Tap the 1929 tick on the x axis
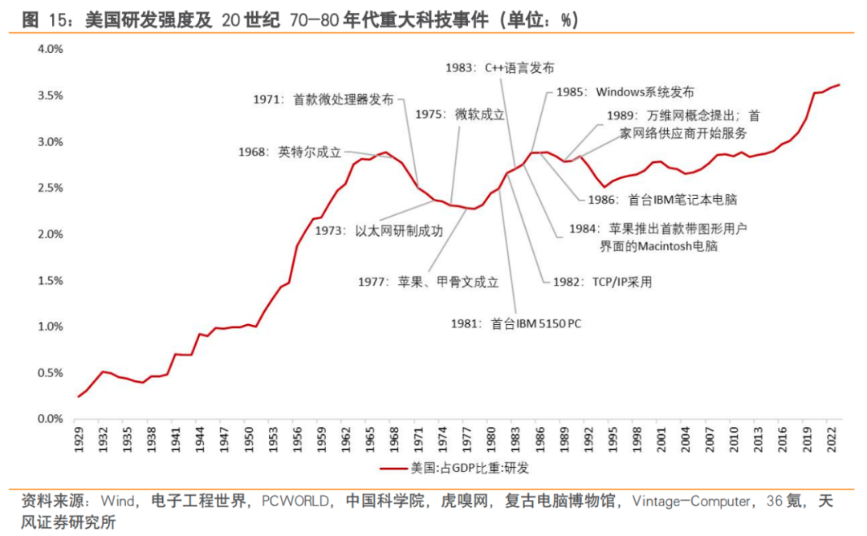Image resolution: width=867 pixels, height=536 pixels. point(78,438)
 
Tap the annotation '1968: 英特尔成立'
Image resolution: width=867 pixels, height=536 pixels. point(289,151)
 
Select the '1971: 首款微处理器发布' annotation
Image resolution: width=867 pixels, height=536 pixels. point(324,99)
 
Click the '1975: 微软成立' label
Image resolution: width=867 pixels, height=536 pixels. point(459,115)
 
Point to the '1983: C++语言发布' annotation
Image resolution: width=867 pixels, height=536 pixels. point(499,68)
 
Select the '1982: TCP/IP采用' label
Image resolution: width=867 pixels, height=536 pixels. point(602,282)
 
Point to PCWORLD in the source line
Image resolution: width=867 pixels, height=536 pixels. point(296,501)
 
